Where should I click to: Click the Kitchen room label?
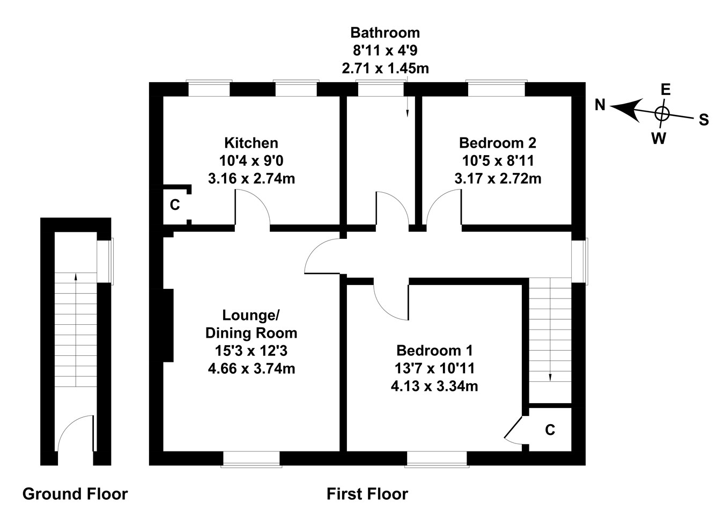pyautogui.click(x=251, y=143)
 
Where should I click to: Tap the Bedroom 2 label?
pyautogui.click(x=498, y=143)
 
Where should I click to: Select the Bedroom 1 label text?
pyautogui.click(x=434, y=351)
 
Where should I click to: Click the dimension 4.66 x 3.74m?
pyautogui.click(x=252, y=369)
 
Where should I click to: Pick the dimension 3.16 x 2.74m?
pyautogui.click(x=252, y=179)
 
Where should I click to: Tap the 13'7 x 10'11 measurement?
pyautogui.click(x=434, y=368)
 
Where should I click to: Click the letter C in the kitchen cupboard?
pyautogui.click(x=175, y=205)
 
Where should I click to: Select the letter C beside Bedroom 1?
pyautogui.click(x=550, y=430)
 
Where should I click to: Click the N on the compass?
pyautogui.click(x=600, y=105)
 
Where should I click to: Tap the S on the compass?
pyautogui.click(x=704, y=120)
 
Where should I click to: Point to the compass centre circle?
pyautogui.click(x=662, y=114)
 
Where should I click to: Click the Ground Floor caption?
pyautogui.click(x=75, y=494)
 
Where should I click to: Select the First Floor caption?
pyautogui.click(x=367, y=494)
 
